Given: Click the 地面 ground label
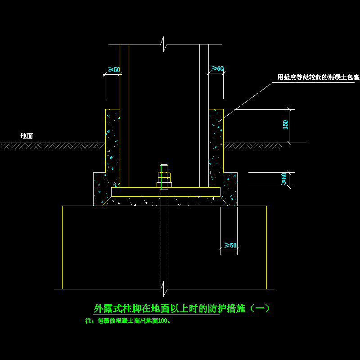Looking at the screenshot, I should [27, 135].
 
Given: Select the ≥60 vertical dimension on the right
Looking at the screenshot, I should [284, 179].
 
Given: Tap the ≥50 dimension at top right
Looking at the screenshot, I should [217, 68].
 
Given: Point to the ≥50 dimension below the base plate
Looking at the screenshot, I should [230, 245].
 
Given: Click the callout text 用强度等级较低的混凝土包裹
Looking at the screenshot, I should [318, 77].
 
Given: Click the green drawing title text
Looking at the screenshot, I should [181, 309].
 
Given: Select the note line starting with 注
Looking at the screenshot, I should [127, 321].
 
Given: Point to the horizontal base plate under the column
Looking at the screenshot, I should [166, 192].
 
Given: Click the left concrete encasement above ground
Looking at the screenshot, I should [112, 126].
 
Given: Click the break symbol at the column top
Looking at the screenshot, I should [165, 45].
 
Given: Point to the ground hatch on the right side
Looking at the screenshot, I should [252, 145].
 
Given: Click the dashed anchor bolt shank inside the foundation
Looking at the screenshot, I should [165, 243].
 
